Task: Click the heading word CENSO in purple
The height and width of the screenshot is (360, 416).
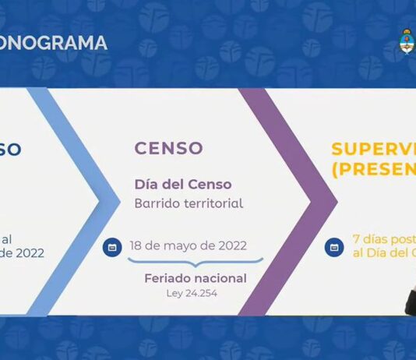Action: [168, 148]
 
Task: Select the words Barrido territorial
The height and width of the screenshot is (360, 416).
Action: [189, 203]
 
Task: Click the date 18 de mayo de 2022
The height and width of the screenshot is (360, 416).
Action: [188, 245]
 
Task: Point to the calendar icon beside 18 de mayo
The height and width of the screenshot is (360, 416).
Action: [112, 247]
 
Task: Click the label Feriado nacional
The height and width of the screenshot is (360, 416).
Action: [196, 278]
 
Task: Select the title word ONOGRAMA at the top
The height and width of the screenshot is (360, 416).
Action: [54, 44]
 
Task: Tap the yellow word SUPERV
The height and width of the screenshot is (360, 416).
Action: [373, 148]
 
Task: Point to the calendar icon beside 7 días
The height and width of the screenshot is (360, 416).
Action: [335, 247]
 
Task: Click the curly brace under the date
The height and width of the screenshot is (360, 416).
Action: [196, 263]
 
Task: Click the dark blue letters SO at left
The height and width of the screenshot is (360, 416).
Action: [10, 148]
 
